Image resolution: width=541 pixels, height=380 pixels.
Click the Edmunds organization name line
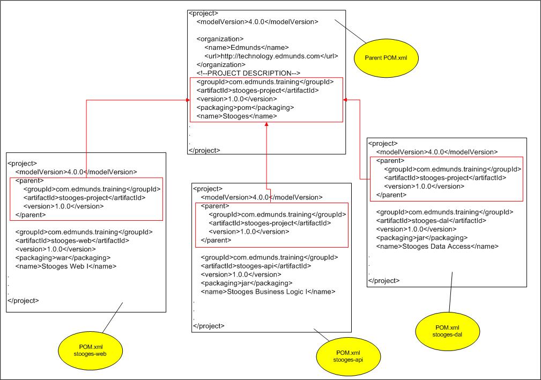click(247, 47)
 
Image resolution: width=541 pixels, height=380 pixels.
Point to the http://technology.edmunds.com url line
click(271, 56)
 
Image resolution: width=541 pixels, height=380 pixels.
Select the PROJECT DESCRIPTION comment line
click(248, 73)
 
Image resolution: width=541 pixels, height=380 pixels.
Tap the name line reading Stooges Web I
click(66, 266)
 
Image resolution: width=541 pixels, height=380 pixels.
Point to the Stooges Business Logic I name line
click(268, 292)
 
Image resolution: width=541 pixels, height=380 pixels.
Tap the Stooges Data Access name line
click(438, 246)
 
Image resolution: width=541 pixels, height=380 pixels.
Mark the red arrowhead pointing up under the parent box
click(266, 125)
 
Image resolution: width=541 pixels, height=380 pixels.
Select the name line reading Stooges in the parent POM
click(236, 116)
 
